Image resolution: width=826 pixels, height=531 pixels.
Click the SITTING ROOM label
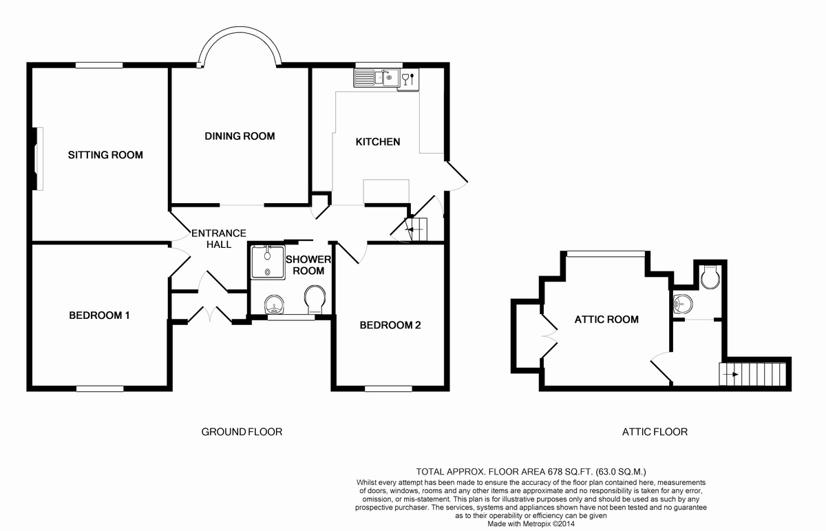(105, 155)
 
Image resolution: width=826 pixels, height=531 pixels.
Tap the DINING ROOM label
(240, 136)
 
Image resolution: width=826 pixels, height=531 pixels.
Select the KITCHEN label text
(378, 142)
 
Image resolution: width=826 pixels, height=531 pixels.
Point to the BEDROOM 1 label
(99, 315)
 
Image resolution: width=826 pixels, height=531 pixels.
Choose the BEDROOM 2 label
(390, 325)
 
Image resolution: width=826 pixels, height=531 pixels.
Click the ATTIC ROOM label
(606, 320)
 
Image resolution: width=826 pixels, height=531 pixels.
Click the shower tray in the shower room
(268, 262)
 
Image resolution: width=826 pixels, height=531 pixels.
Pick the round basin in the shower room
(275, 304)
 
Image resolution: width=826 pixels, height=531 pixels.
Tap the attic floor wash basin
(682, 304)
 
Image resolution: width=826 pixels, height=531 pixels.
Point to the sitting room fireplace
(37, 158)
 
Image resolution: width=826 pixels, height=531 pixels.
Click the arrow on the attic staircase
(730, 375)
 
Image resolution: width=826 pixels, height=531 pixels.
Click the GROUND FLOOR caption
(242, 432)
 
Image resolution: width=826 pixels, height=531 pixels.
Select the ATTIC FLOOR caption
(655, 432)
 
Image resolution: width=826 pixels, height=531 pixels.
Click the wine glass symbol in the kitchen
(405, 79)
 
